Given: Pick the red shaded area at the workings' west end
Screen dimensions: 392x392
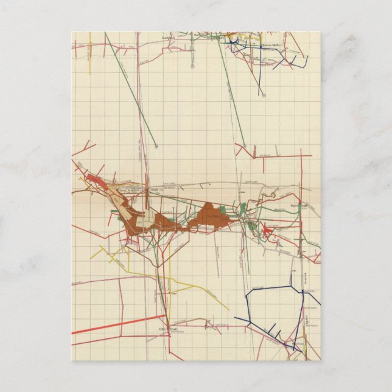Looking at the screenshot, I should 94,179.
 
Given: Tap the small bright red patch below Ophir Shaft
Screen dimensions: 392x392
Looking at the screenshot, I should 267,229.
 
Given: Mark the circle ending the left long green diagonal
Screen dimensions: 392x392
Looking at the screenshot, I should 156,145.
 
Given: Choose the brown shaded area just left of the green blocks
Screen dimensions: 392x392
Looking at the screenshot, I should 210,217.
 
